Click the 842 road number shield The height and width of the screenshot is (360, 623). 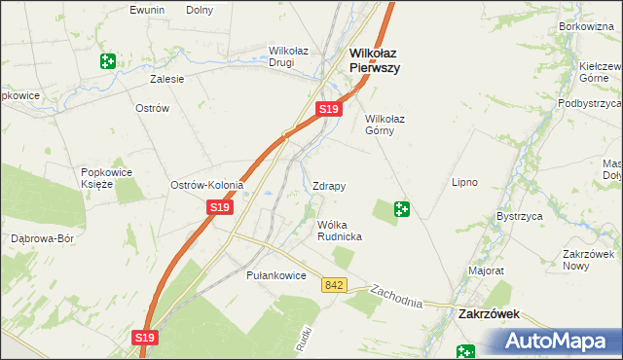[335, 284]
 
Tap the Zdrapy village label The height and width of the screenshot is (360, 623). [329, 185]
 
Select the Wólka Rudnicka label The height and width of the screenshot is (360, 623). [340, 231]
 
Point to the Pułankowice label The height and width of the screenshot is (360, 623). [276, 275]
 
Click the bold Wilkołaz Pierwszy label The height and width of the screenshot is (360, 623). [375, 60]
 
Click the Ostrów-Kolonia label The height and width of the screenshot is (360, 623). [206, 185]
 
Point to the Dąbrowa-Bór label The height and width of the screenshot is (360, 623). [42, 237]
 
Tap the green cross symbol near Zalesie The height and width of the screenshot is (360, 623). [107, 61]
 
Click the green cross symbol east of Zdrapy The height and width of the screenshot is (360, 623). [401, 208]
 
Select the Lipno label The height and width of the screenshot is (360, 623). [463, 182]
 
